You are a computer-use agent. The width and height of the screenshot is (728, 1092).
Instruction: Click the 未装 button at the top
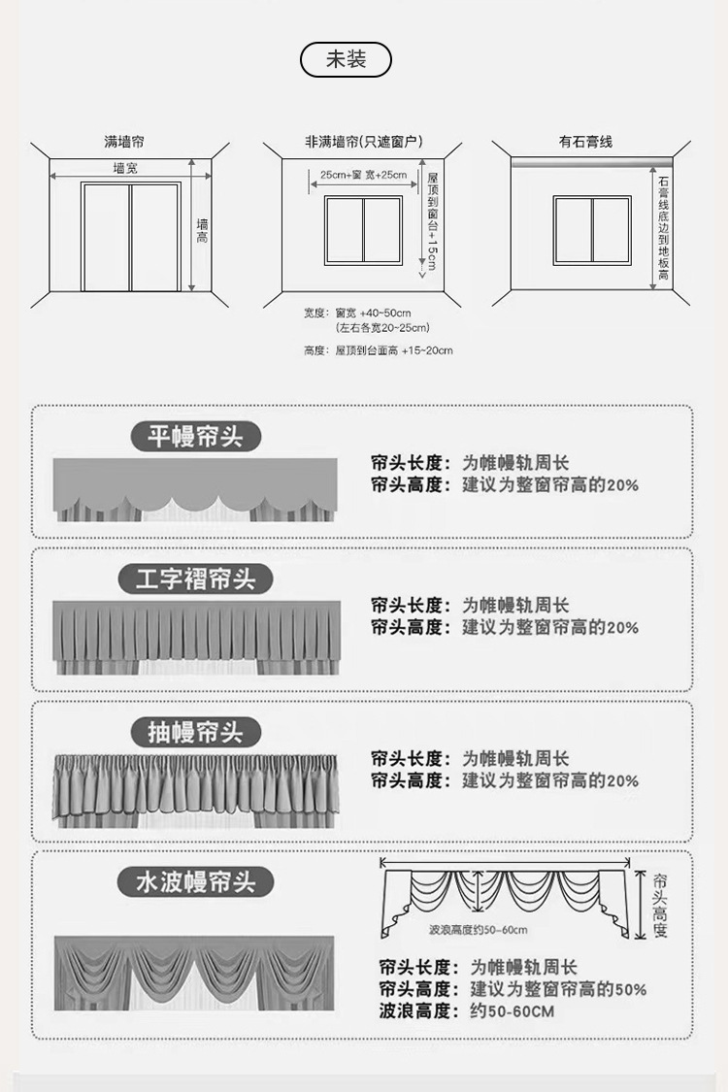(346, 60)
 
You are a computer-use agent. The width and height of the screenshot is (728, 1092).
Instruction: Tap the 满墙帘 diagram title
(124, 142)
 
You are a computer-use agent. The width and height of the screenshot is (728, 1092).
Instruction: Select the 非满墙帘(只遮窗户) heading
(363, 142)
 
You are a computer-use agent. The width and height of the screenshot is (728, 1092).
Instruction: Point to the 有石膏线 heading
(585, 142)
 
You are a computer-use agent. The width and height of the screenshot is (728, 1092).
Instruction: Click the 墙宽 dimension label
(125, 168)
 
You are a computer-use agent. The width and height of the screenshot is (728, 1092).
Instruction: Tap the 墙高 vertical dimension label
(202, 230)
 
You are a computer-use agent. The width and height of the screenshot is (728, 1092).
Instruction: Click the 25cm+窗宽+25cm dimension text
(363, 175)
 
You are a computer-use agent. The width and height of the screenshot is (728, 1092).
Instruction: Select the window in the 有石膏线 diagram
(592, 230)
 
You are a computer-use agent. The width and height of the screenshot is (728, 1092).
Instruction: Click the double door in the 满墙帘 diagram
(131, 237)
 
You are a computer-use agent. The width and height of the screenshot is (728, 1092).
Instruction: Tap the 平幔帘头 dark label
(195, 437)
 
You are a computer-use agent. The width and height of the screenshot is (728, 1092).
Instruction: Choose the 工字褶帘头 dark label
(195, 579)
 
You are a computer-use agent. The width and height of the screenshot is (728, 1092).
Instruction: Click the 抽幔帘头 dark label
(195, 732)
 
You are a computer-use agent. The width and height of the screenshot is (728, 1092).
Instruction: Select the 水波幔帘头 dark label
(195, 882)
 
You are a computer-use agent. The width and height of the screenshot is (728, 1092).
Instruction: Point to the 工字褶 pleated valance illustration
(196, 638)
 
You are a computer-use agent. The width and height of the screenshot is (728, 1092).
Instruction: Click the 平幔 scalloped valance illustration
(195, 489)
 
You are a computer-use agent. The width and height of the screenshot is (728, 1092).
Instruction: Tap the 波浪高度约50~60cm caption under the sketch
(478, 930)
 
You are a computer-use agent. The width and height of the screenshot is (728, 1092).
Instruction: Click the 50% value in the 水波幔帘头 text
(631, 989)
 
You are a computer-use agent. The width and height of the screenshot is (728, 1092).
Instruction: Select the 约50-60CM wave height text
(513, 1011)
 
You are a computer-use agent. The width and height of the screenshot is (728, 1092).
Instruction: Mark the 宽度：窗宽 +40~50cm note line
(357, 314)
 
